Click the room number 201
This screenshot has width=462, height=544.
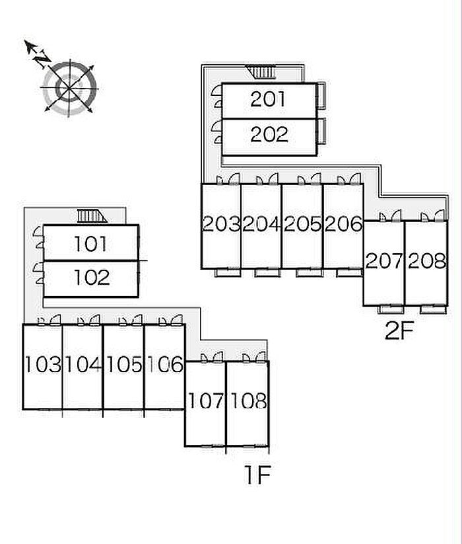[268, 99]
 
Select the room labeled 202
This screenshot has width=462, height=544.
[269, 135]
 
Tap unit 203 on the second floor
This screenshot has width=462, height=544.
[221, 224]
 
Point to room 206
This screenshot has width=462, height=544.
[344, 224]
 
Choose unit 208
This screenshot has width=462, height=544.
[426, 261]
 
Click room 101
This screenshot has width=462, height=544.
[90, 244]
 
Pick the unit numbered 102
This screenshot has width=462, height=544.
[92, 278]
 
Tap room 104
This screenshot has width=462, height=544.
[83, 365]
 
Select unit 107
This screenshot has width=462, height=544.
[205, 401]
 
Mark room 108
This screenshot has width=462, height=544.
[248, 401]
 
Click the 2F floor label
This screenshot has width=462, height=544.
[399, 331]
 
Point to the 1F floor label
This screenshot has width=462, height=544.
[257, 475]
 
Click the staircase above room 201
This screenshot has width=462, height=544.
[261, 72]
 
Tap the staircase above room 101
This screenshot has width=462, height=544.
[92, 215]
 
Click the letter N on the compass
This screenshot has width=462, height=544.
[42, 59]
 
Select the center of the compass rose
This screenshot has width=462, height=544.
[69, 88]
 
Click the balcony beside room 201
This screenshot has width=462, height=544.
[321, 96]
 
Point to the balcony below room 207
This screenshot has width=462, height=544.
[390, 309]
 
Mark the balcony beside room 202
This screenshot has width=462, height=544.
[321, 131]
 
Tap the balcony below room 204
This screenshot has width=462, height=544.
[267, 272]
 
